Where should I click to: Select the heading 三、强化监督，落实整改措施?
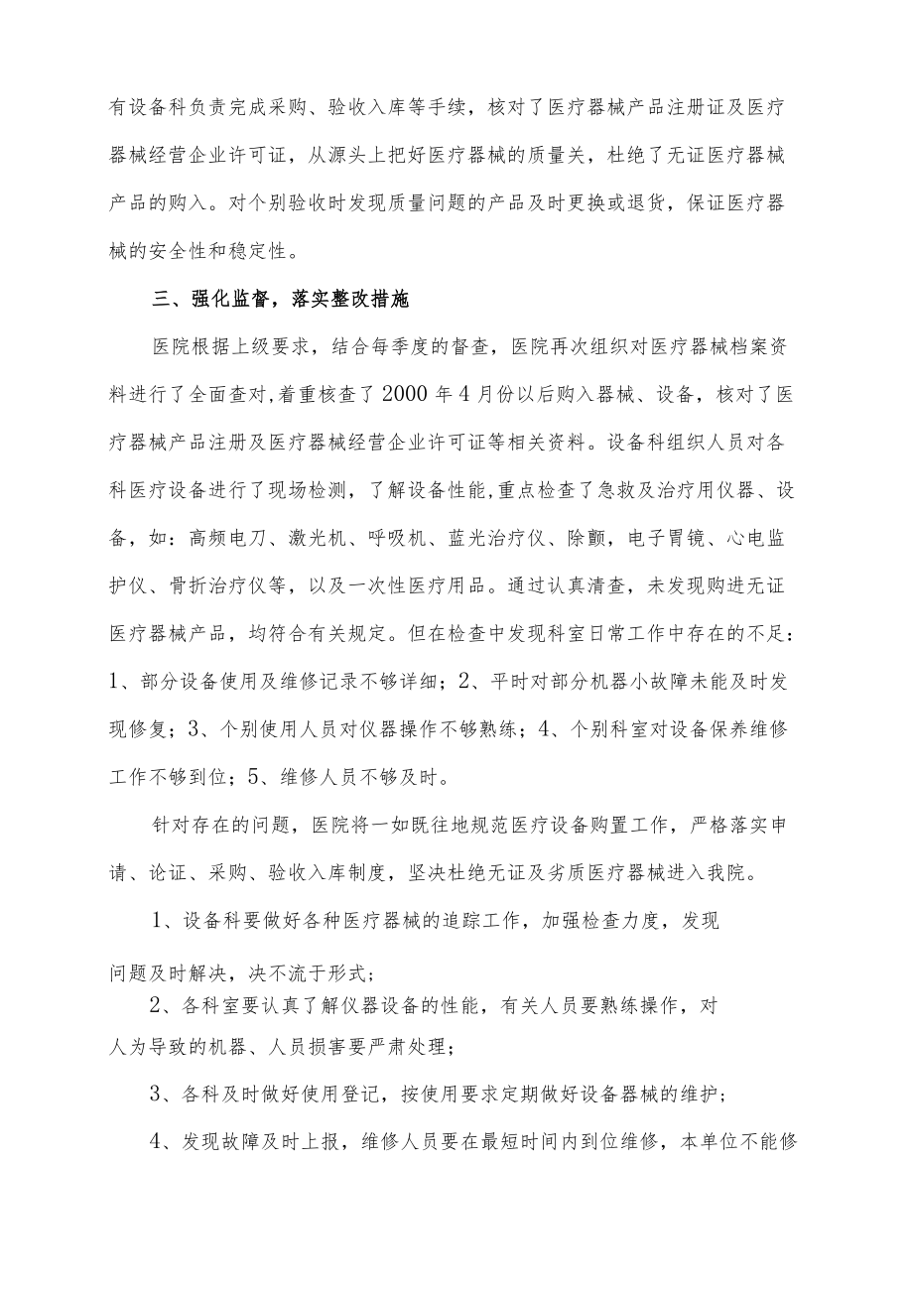pos(281,299)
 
